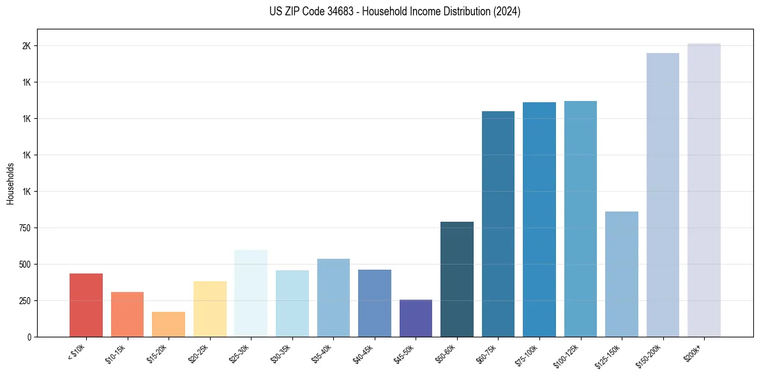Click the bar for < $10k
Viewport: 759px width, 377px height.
coord(86,305)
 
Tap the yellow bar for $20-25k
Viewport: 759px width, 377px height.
coord(210,309)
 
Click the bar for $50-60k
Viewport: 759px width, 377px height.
coord(457,279)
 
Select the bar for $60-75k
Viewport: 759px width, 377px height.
coord(498,224)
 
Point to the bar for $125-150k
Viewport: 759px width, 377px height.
coord(622,274)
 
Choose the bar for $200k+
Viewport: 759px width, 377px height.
coord(704,190)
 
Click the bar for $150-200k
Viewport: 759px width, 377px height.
coord(663,195)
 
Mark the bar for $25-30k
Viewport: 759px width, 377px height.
coord(251,293)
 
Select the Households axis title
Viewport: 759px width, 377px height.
coord(11,183)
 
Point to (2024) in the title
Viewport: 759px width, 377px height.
coord(506,12)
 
